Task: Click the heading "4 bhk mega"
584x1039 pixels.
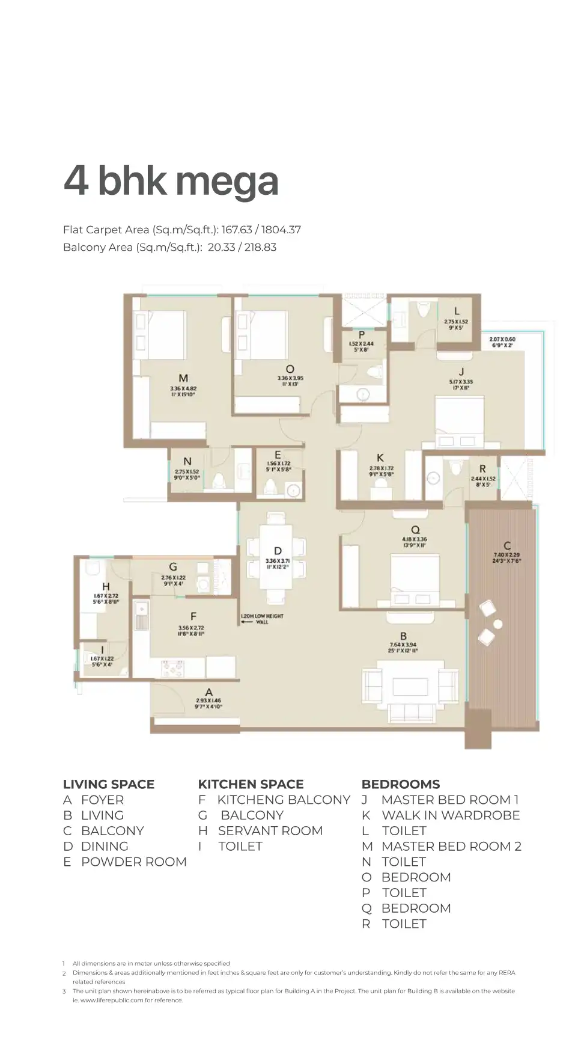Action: (171, 180)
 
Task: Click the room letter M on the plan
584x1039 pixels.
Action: (183, 378)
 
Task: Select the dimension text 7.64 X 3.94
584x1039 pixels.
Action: (403, 645)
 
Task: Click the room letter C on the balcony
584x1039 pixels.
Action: (507, 545)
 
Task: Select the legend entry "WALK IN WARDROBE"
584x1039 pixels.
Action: (451, 815)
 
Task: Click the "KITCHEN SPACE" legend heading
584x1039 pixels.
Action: (251, 784)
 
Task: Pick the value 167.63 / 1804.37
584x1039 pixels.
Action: (261, 230)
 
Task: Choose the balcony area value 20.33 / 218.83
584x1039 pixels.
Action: (242, 247)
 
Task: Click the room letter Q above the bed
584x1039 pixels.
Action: (415, 530)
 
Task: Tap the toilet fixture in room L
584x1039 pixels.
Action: (424, 310)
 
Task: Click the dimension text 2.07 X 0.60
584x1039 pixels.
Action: (502, 339)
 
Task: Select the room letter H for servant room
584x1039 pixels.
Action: (106, 586)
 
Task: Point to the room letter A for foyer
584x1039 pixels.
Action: (208, 692)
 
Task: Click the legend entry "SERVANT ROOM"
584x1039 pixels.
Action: (270, 830)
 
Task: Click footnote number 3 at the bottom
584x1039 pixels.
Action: (64, 991)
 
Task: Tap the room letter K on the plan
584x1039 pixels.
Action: (380, 458)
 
